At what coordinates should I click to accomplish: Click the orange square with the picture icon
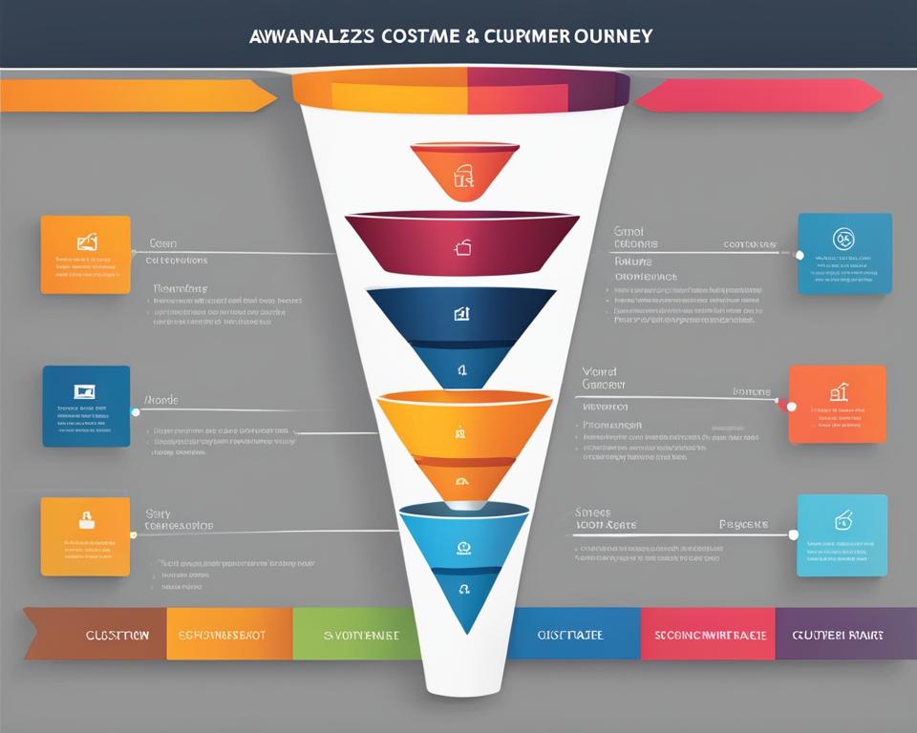[86, 254]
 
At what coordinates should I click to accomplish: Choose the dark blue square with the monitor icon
[86, 406]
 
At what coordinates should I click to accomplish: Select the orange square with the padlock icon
[85, 535]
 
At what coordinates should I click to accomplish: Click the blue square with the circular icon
[844, 253]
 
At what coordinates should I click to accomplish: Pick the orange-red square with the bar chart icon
[837, 404]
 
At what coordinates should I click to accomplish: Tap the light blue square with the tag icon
[842, 534]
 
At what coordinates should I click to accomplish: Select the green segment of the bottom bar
[356, 634]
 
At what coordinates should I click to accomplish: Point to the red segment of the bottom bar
[707, 634]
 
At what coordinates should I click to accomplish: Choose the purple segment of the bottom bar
[837, 634]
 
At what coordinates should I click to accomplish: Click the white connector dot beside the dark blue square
[135, 412]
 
